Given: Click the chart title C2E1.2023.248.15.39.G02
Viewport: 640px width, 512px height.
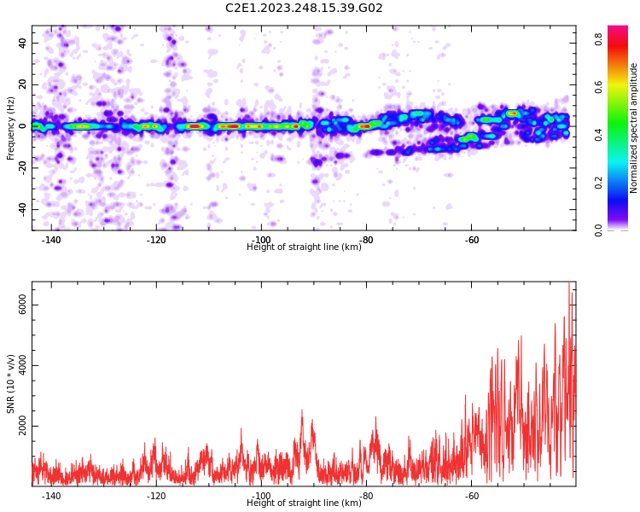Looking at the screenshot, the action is (x=304, y=8).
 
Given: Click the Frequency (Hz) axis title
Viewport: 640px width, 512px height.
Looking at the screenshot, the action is (x=10, y=128).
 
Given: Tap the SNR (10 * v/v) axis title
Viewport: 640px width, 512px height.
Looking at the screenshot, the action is (x=10, y=384).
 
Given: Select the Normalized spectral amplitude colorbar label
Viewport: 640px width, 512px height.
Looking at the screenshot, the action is (x=633, y=128).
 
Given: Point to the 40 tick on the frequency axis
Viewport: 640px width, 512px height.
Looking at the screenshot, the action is (x=22, y=43).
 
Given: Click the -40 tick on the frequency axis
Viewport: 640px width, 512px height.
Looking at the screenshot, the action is (x=22, y=209).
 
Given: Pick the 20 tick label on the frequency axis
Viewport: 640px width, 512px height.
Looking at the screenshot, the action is (x=22, y=84).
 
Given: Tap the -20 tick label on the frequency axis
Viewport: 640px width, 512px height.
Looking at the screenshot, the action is (x=22, y=168).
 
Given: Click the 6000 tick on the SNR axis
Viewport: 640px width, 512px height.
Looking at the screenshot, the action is (x=22, y=305).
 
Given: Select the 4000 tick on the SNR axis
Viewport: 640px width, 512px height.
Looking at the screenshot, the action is (x=22, y=365).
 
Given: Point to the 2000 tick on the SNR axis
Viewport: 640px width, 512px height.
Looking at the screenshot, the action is (x=22, y=426).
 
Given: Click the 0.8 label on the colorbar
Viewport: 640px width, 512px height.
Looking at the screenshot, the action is (x=598, y=39).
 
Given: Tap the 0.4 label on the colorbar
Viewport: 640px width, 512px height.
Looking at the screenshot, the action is (x=598, y=135).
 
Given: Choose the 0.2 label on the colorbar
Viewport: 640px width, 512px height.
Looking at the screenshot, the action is (x=598, y=183).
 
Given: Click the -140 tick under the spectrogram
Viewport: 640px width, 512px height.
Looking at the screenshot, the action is (x=51, y=240).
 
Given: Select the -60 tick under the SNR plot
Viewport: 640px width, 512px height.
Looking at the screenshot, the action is (x=471, y=496).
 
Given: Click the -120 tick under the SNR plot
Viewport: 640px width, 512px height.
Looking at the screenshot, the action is (x=156, y=496).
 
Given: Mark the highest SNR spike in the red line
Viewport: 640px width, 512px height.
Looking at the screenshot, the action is (x=568, y=282).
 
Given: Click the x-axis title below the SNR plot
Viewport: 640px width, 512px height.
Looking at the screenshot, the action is (x=304, y=503).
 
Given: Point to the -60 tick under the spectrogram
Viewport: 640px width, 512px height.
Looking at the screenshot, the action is (x=471, y=240).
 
